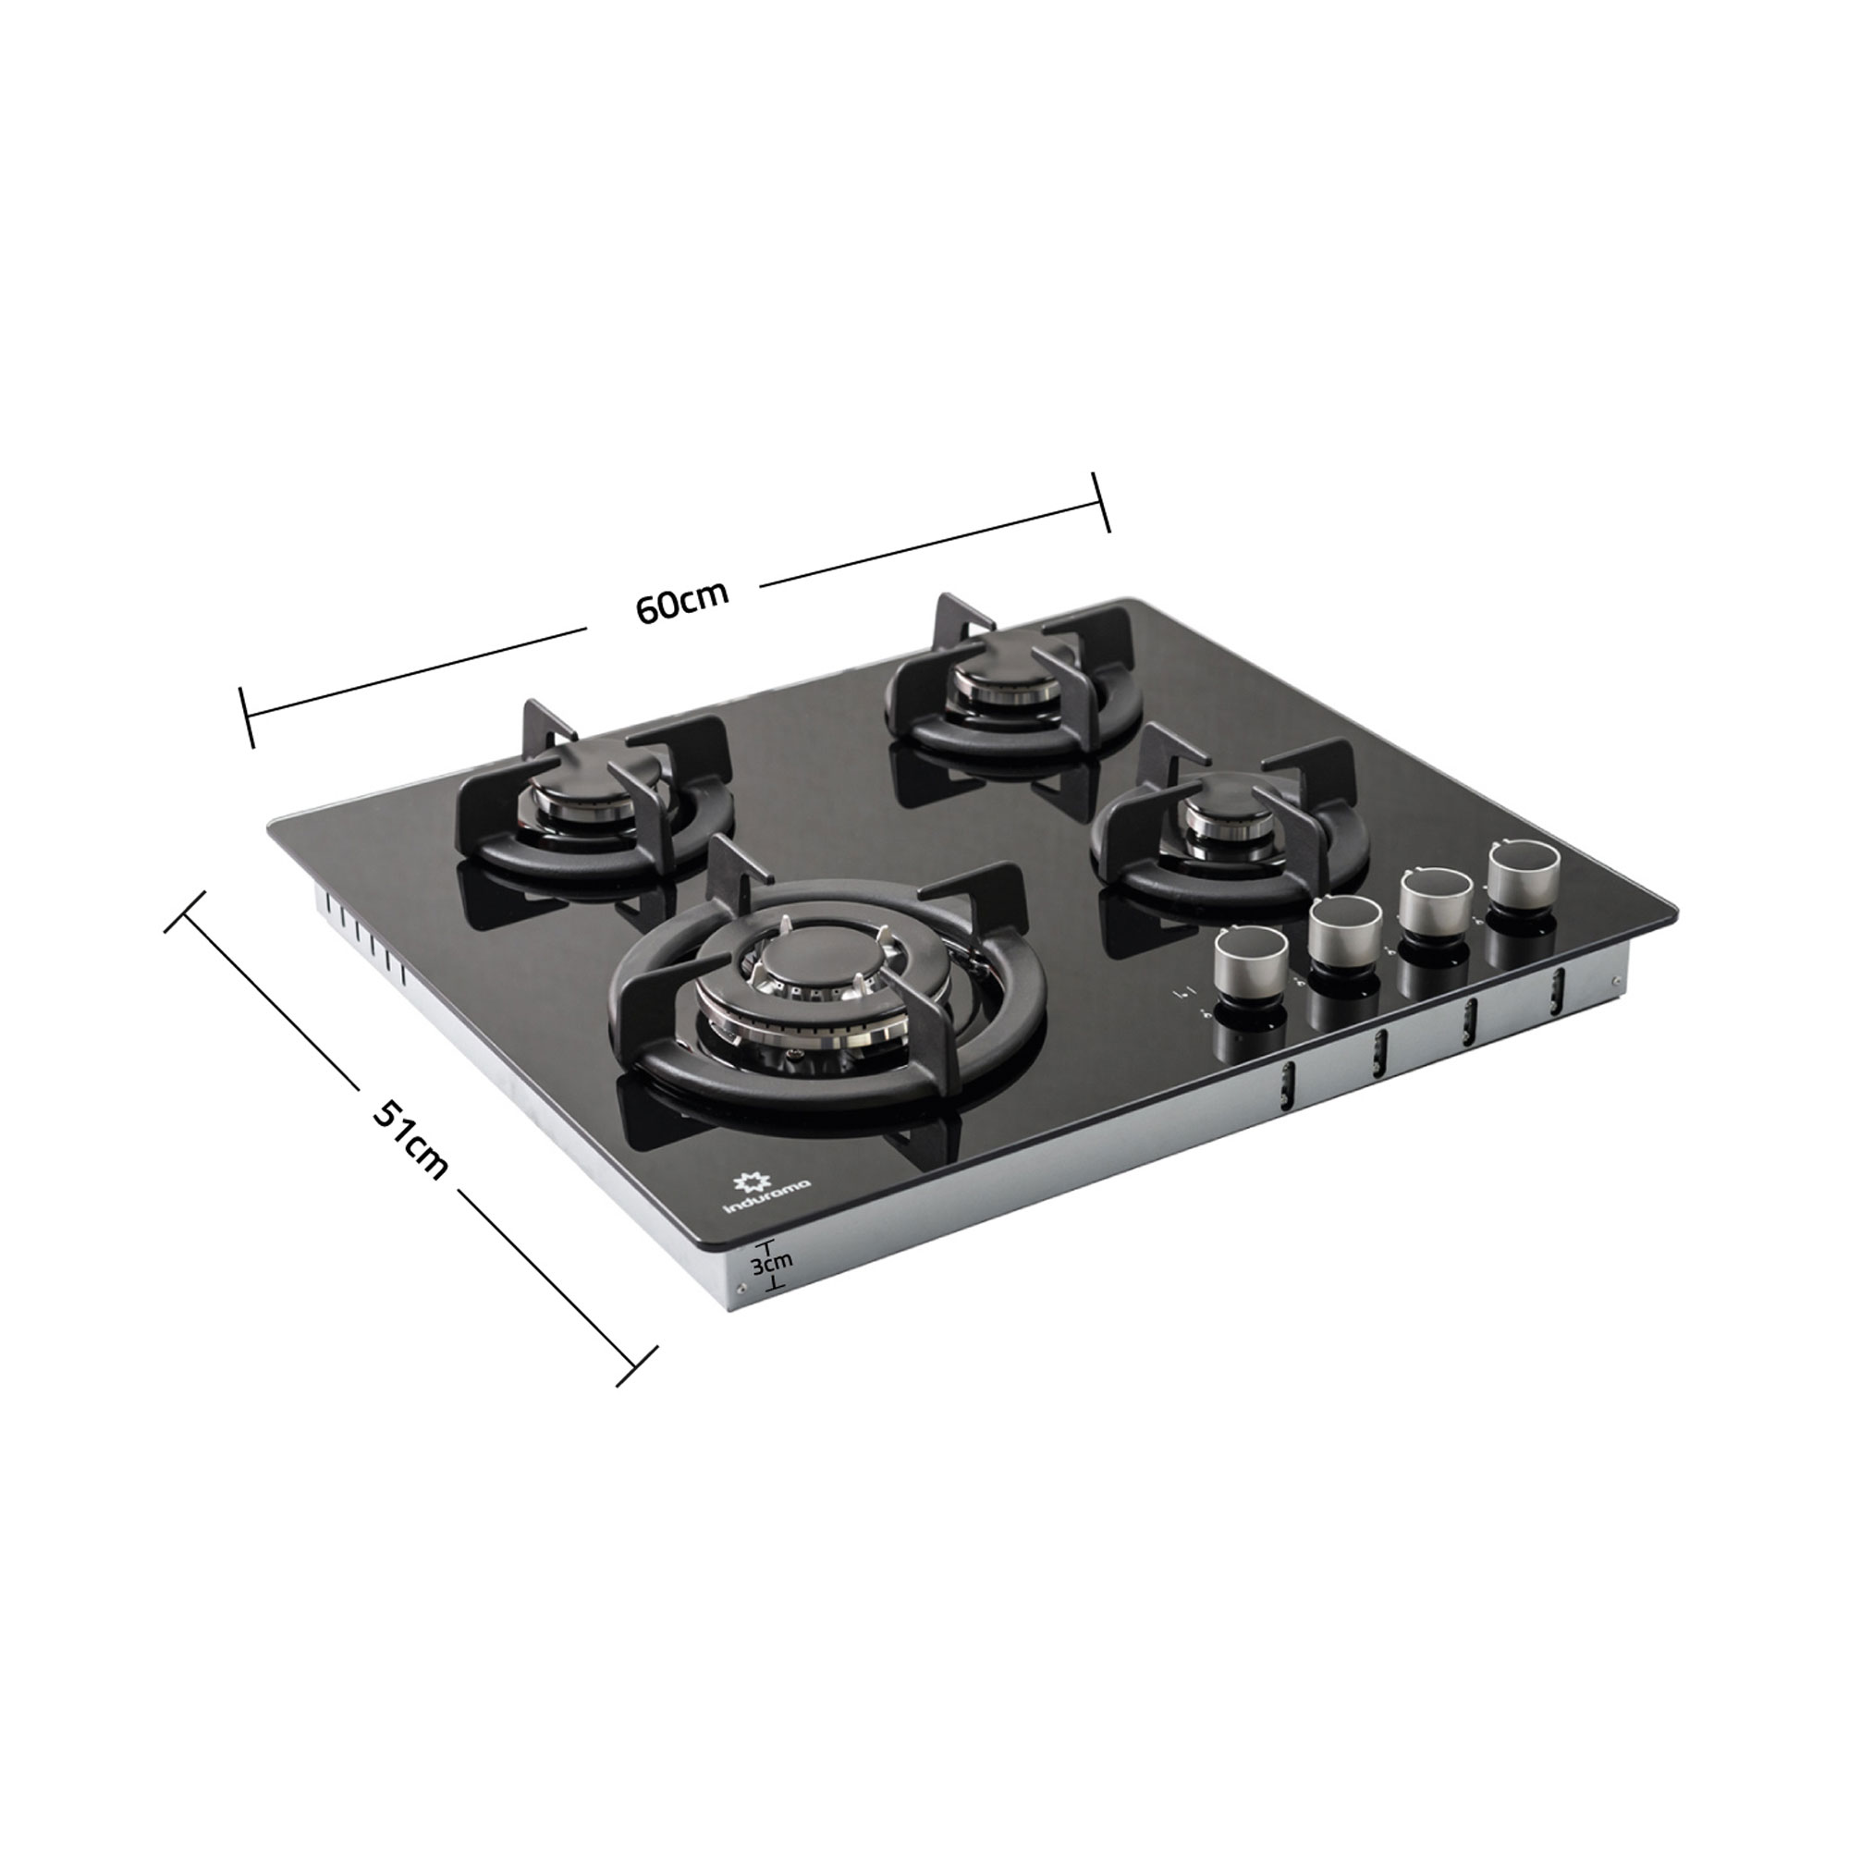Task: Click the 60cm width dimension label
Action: point(681,601)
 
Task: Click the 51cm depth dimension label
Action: point(410,1139)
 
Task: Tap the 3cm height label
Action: point(770,1263)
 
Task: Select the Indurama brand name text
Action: point(766,1197)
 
